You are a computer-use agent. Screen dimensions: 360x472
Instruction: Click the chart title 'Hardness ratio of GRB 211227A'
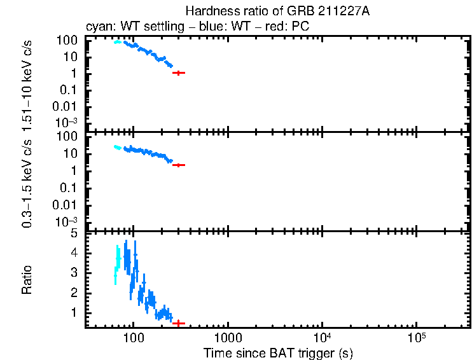coord(277,11)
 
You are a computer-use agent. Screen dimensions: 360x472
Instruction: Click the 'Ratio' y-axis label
coord(27,280)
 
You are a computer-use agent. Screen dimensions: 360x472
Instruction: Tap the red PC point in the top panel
coord(179,73)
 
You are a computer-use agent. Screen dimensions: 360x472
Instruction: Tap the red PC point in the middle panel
coord(179,165)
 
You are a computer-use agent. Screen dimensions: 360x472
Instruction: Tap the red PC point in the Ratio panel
coord(179,323)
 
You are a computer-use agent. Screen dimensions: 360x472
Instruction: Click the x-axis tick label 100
coord(133,336)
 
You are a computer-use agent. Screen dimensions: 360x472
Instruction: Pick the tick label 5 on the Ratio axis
coord(74,233)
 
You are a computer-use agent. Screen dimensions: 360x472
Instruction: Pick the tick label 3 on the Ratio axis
coord(74,273)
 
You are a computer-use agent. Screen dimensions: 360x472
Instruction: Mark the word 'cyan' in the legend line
coord(96,28)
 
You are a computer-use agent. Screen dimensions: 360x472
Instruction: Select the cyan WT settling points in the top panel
coord(117,42)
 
